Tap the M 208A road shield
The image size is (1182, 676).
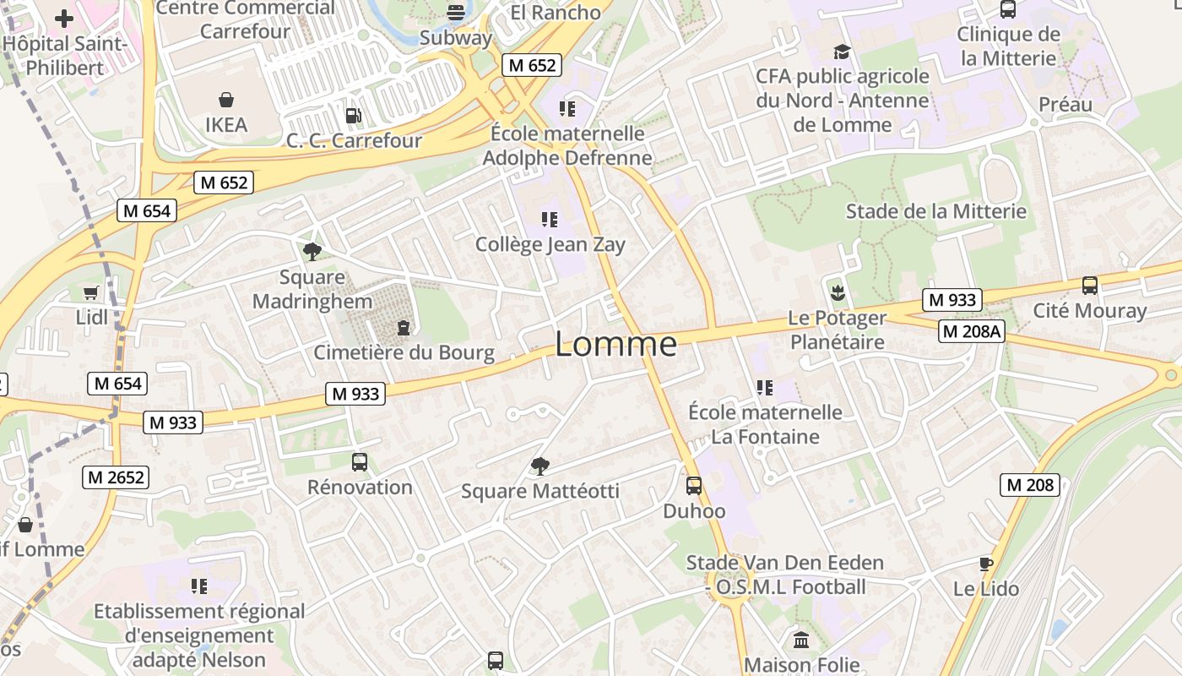coord(971,331)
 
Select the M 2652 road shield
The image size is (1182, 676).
coord(116,477)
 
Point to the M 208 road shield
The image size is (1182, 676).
coord(1030,485)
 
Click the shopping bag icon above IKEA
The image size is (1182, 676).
coord(226,101)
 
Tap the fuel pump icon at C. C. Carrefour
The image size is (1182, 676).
coord(354,116)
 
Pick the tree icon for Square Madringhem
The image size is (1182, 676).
coord(312,251)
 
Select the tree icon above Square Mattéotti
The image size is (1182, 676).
coord(539,466)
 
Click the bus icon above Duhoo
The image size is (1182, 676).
coord(694,486)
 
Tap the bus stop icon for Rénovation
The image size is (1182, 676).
coord(360,462)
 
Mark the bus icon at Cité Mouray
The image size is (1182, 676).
coord(1090,286)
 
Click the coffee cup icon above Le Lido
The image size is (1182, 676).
coord(985,564)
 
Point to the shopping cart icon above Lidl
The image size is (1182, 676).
coord(91,292)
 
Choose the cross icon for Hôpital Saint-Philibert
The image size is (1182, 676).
coord(64,18)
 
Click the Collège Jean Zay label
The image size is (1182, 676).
coord(550,245)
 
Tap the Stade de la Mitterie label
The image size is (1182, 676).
coord(936,211)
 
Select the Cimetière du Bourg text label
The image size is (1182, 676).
coord(404,352)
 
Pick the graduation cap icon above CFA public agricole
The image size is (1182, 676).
coord(842,52)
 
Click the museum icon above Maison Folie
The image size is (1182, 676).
coord(801,640)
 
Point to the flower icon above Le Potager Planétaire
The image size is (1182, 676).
coord(838,293)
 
